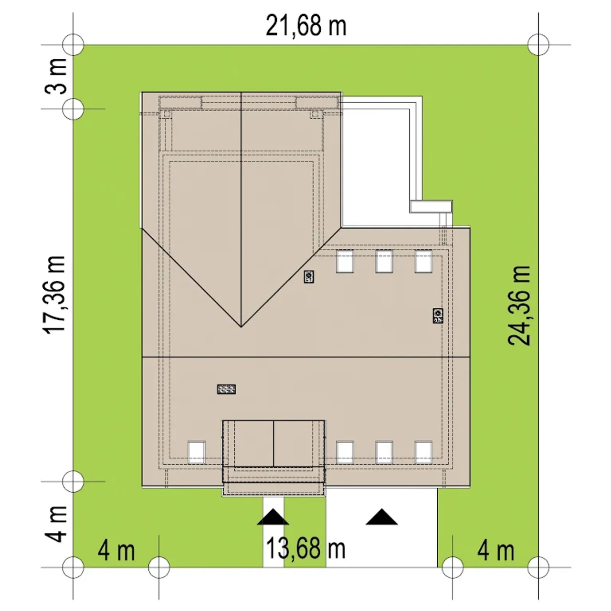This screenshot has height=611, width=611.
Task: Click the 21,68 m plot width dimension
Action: point(305,26)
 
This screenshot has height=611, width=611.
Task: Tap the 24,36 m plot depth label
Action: point(519,305)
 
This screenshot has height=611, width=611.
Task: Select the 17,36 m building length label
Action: point(54,294)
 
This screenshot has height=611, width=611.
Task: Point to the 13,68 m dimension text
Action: point(305,548)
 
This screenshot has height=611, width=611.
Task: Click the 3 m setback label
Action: point(56,76)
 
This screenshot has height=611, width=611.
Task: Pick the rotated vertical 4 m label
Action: point(56,524)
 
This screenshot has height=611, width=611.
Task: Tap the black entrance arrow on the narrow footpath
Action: point(273,517)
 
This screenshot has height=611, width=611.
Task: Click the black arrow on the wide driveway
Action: point(382,517)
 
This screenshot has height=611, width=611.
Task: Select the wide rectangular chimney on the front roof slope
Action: point(226,389)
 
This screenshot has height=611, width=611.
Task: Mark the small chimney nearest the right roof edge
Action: point(438,316)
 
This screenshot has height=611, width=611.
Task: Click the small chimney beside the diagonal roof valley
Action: point(309,277)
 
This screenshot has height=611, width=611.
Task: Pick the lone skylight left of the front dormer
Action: point(197,453)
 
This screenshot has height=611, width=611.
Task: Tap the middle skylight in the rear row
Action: point(384,261)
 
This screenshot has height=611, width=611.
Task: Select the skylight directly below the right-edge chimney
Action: point(423,453)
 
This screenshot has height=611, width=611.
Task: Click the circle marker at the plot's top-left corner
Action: point(73,45)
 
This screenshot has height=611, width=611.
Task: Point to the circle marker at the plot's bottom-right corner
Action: point(538,568)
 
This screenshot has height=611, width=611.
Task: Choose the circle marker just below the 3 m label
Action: point(73,109)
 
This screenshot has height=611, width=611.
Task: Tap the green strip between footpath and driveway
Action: point(305,532)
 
